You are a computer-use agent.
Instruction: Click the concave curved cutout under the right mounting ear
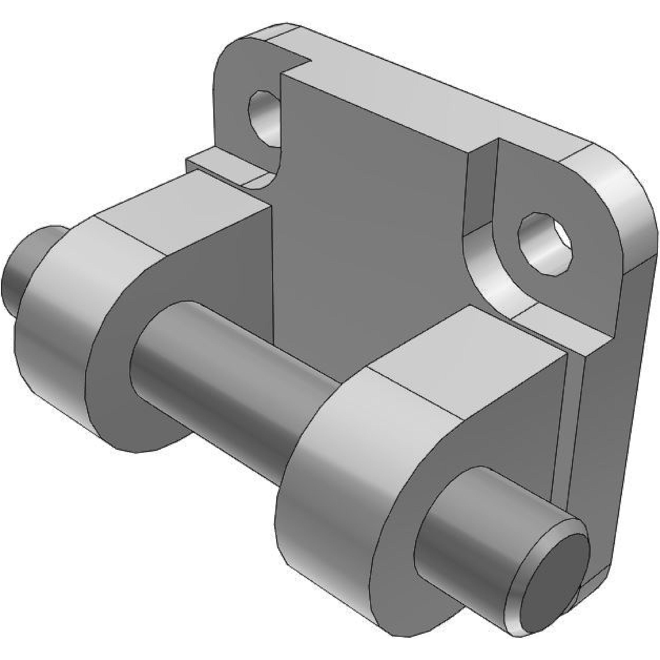tap(485, 273)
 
